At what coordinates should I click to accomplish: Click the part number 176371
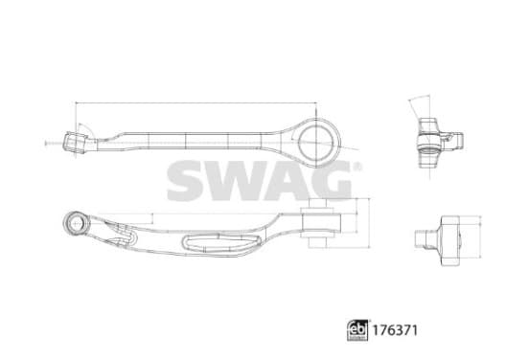point(395,330)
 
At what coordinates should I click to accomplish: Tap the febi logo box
point(357,330)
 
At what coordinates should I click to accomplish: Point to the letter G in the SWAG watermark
point(332,181)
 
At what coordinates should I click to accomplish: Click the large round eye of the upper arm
point(316,143)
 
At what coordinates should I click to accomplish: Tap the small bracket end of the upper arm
point(76,143)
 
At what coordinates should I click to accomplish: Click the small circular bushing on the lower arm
point(76,222)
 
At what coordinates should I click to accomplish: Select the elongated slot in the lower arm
point(221,241)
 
